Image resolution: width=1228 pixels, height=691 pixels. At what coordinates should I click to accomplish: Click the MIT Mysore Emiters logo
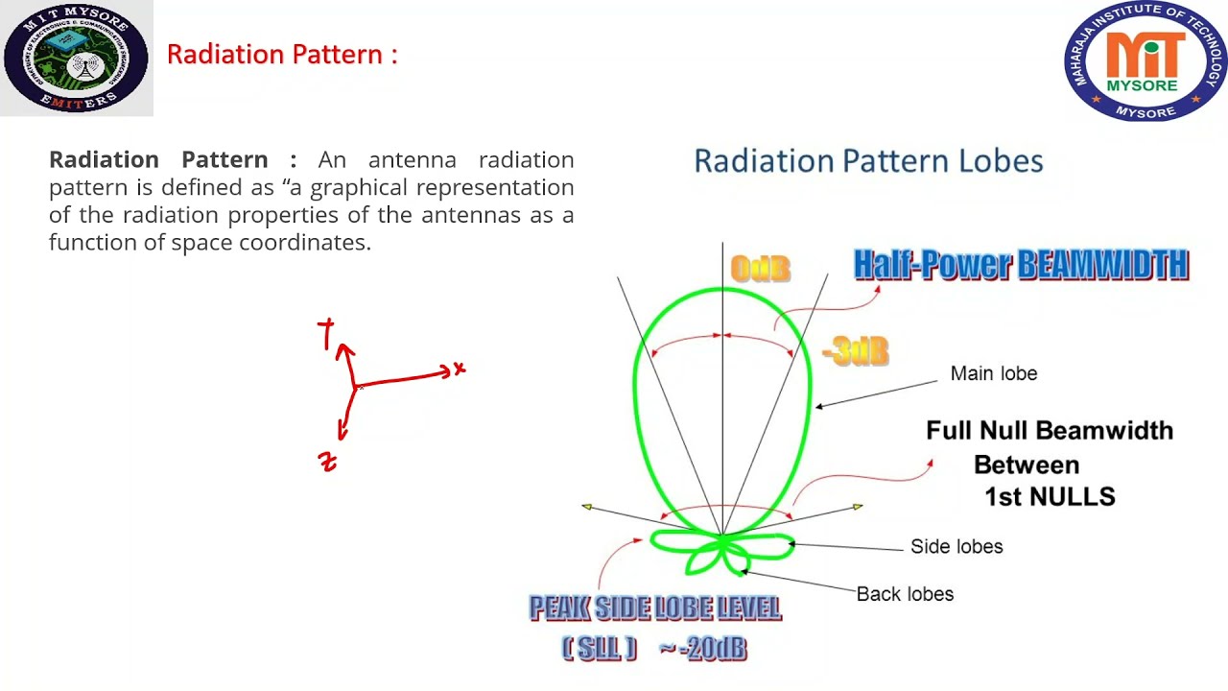point(76,58)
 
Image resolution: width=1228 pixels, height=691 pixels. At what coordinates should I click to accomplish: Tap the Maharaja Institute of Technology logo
point(1145,60)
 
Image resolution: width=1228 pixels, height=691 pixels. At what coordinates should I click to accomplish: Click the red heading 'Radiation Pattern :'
point(282,55)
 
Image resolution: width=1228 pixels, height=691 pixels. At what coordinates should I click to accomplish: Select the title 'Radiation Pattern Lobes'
point(868,160)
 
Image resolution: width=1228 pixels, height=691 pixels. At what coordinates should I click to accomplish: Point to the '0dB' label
point(760,269)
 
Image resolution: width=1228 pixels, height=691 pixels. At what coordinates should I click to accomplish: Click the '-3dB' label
point(856,351)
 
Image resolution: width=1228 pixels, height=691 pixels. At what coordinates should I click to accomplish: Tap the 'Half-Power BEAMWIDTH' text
point(1021,264)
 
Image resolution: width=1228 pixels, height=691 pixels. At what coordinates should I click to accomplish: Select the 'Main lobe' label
point(993,373)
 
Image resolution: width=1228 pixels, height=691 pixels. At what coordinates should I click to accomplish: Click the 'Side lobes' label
point(956,546)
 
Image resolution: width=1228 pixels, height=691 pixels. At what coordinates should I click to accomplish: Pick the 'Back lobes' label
point(905,594)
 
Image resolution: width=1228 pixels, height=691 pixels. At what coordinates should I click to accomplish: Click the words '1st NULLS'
point(1050,497)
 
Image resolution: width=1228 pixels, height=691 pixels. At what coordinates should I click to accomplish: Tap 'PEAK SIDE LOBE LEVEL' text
point(655,608)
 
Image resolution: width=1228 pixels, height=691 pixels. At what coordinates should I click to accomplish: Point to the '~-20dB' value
point(703,649)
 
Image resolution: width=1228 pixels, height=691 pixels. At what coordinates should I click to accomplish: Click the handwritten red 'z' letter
point(328,463)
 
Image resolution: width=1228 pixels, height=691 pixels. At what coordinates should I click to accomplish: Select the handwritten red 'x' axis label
point(460,369)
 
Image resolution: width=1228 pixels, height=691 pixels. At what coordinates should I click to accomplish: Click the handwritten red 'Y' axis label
point(326,333)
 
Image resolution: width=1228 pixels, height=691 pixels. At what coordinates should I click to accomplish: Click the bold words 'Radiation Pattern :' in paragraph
point(173,159)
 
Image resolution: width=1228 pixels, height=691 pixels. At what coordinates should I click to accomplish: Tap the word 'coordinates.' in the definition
point(310,243)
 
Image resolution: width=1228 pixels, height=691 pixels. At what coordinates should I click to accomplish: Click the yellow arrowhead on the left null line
point(587,507)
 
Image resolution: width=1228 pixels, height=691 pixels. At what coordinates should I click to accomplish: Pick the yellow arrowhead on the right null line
point(857,507)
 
